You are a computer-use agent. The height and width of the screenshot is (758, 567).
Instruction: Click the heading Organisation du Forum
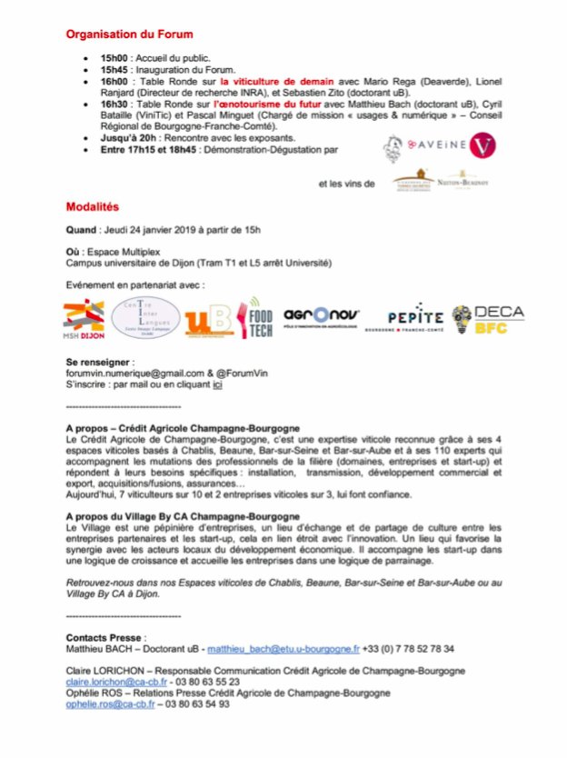click(x=129, y=35)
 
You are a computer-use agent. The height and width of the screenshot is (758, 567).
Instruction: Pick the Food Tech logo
click(x=257, y=319)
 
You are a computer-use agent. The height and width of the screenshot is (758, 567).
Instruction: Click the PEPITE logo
click(x=415, y=319)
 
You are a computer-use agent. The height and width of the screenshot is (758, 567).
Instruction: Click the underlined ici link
click(x=217, y=384)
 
